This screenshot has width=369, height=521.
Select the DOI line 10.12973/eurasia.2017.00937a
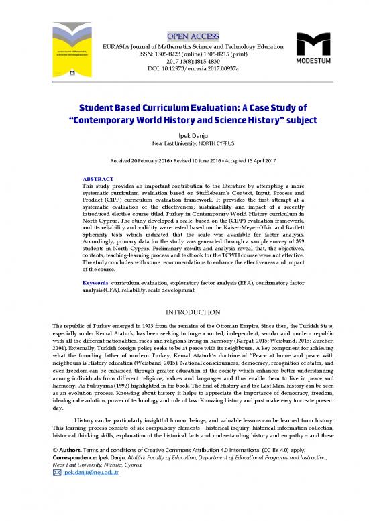[184, 69]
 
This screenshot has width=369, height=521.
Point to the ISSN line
[184, 53]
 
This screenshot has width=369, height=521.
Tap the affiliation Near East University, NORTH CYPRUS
[184, 143]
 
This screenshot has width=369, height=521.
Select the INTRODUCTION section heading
[184, 312]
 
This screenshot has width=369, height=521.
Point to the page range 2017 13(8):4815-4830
[184, 61]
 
